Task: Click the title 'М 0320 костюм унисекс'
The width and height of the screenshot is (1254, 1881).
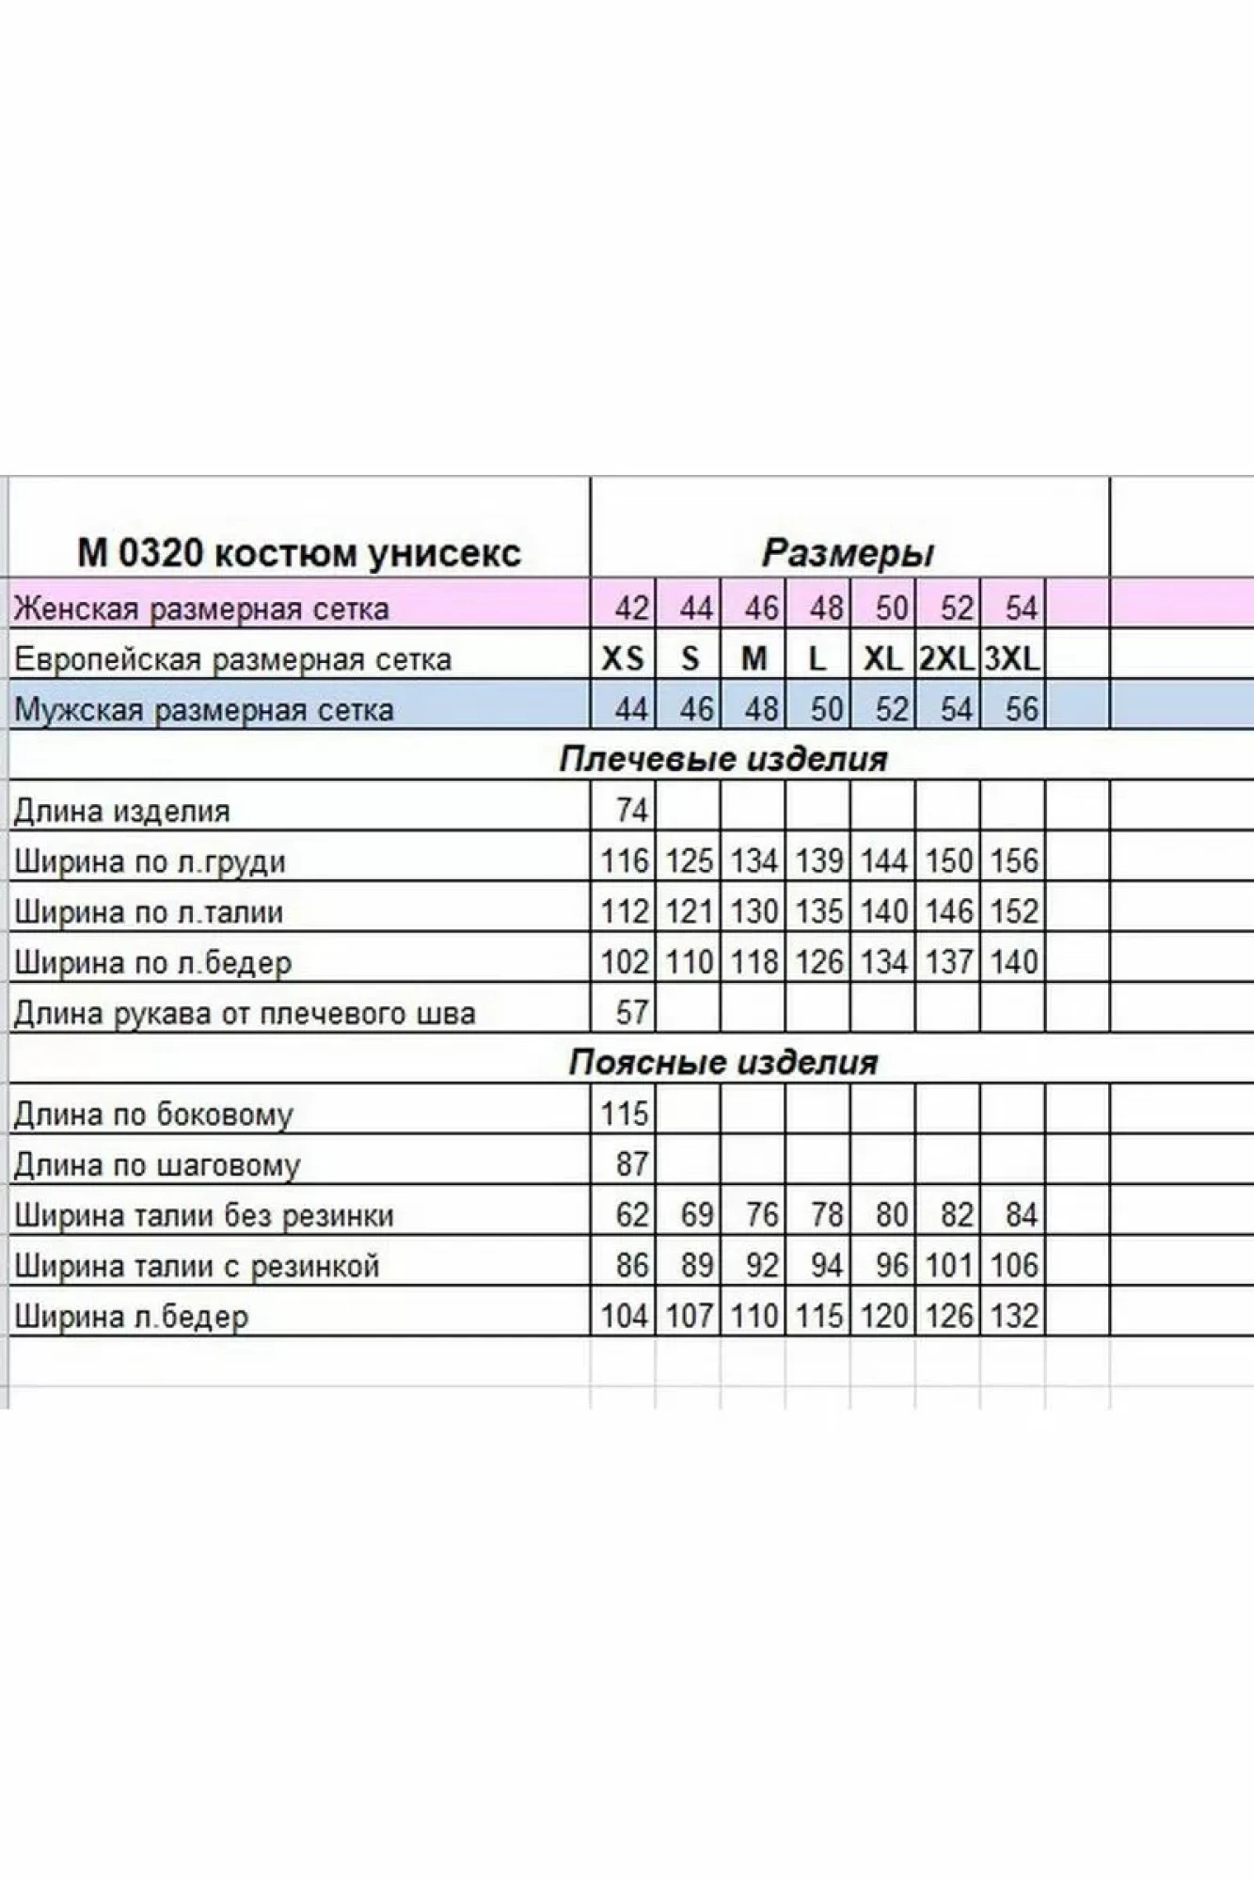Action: (x=298, y=553)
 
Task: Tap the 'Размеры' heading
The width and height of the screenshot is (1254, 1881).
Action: (x=848, y=553)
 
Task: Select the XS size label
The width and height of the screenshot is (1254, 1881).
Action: (x=623, y=659)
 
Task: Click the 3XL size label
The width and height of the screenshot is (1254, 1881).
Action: (x=1012, y=659)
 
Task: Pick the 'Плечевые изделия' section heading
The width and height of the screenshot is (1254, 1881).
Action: (x=722, y=760)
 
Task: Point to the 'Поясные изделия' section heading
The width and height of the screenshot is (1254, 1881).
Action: (x=722, y=1063)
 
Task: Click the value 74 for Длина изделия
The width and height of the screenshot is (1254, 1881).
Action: (x=632, y=810)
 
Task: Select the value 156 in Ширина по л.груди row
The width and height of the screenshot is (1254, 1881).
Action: (x=1013, y=861)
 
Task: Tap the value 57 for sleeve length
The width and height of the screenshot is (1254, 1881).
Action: (x=632, y=1012)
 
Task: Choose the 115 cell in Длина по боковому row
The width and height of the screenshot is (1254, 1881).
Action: (x=625, y=1114)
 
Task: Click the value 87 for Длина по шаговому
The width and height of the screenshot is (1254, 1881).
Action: (x=632, y=1164)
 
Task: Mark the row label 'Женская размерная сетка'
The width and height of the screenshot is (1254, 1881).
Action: (x=201, y=609)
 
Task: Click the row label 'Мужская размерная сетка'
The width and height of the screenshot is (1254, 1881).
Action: (x=203, y=709)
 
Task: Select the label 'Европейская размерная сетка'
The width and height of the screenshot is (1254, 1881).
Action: (x=232, y=659)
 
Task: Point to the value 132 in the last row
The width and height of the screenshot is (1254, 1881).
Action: (x=1013, y=1316)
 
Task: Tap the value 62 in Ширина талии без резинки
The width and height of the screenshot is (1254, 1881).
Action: (x=632, y=1215)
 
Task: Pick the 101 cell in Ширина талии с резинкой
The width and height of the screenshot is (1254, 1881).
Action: (x=948, y=1266)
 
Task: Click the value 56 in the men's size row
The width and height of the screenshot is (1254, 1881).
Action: (x=1021, y=709)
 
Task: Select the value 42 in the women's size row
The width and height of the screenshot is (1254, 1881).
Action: (x=632, y=609)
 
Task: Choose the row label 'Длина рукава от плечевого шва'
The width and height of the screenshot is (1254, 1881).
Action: (x=245, y=1013)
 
